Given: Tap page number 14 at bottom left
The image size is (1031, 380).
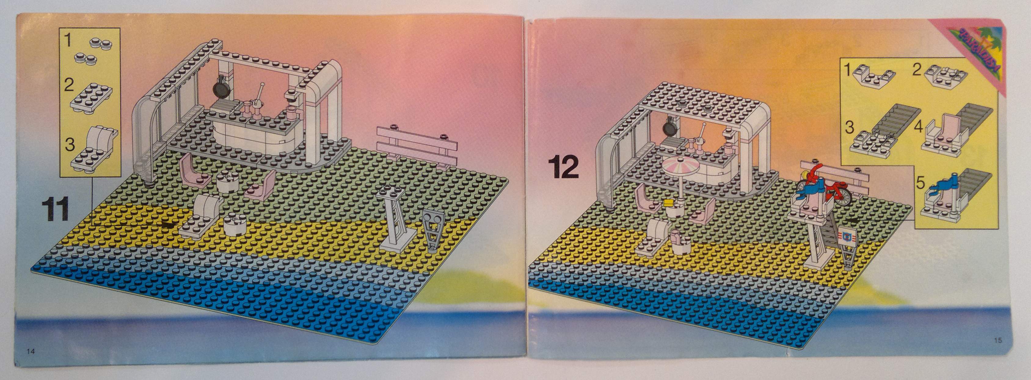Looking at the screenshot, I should pos(31,352).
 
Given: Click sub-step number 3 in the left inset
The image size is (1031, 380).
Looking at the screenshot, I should pos(70,144).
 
